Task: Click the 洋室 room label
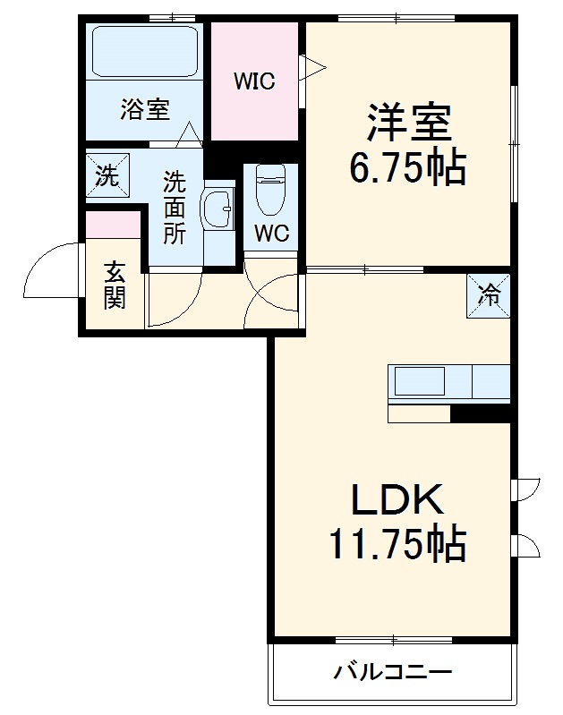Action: tap(407, 123)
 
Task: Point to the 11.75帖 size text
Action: tap(396, 543)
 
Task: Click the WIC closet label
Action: tap(254, 81)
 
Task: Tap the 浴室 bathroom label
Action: tap(144, 110)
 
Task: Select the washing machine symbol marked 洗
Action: tap(107, 174)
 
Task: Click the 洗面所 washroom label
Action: tap(174, 209)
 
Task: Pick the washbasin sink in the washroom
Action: tap(217, 211)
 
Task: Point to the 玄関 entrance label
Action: tap(114, 285)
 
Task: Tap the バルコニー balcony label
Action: tap(394, 672)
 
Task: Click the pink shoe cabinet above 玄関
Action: tap(114, 224)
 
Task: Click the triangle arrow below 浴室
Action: tap(189, 136)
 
